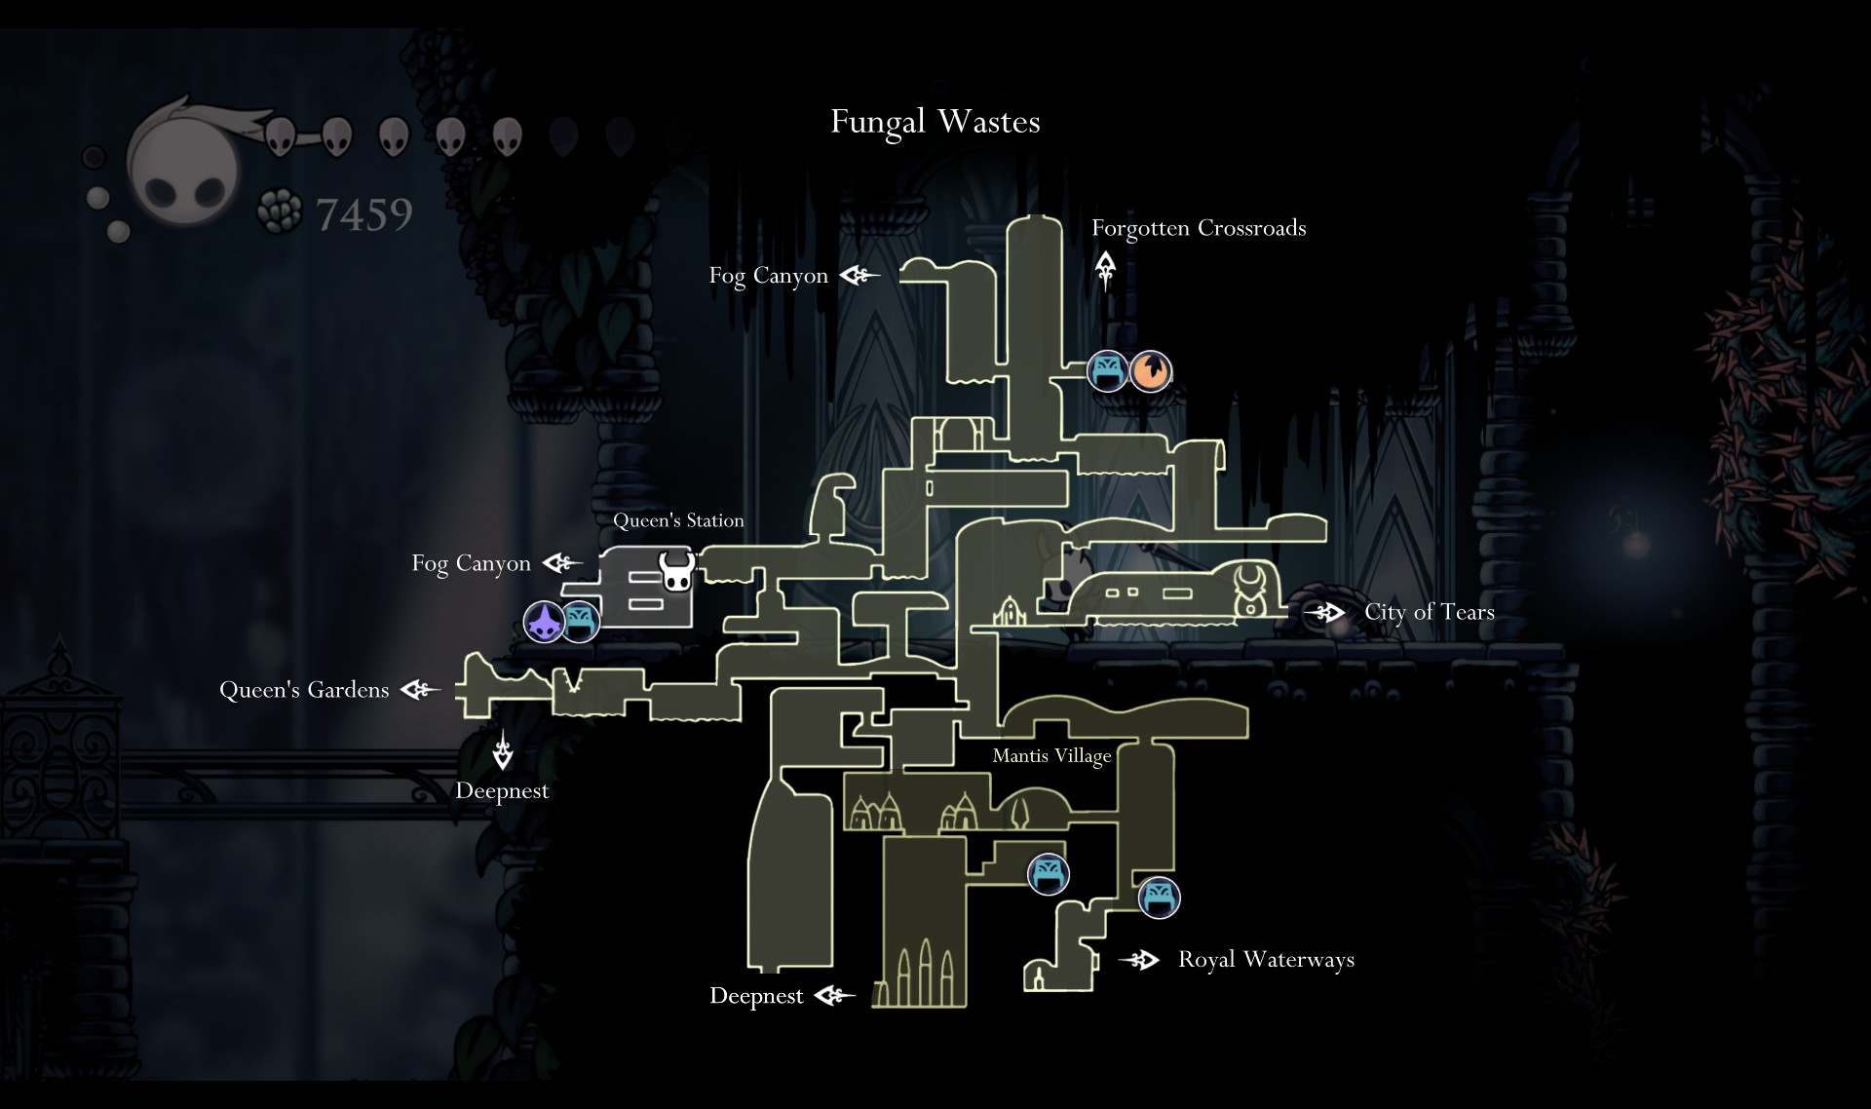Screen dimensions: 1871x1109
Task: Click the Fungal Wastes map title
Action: [x=935, y=122]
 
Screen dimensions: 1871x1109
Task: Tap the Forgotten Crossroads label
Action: [x=1199, y=228]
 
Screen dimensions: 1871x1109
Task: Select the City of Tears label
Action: [x=1430, y=612]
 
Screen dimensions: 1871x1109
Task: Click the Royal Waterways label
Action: [x=1266, y=960]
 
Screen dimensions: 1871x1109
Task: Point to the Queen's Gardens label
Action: [x=304, y=690]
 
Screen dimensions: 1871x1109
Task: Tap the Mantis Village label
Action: [x=1051, y=756]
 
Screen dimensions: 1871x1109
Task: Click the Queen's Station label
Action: [x=678, y=520]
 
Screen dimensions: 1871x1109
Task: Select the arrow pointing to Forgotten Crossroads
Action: [x=1105, y=271]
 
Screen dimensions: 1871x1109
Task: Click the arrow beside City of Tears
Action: [x=1324, y=613]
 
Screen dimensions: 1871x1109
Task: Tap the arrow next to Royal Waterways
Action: [x=1138, y=960]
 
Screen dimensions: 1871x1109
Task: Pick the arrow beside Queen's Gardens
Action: [x=420, y=690]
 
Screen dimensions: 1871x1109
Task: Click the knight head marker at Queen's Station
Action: [x=676, y=571]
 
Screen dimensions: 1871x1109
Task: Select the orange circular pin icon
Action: [x=1151, y=371]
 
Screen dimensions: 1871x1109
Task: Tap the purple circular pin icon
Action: [x=544, y=622]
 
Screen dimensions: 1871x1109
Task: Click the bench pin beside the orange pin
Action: [x=1108, y=371]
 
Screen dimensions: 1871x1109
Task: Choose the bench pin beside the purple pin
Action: [x=580, y=621]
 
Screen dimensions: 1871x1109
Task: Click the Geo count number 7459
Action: [x=364, y=214]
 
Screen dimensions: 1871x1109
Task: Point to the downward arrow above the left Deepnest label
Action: [x=503, y=748]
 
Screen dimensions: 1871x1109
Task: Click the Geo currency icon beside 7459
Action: [x=280, y=211]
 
